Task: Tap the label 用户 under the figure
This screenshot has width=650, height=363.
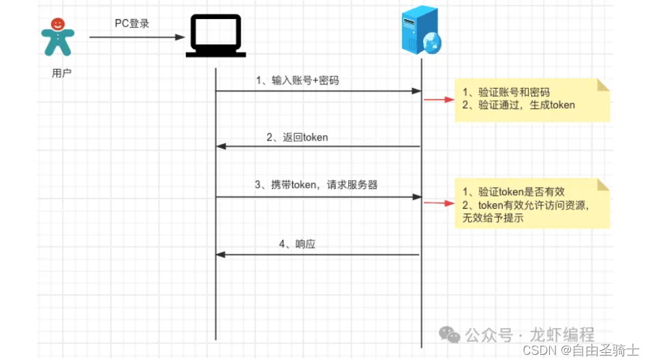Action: pos(61,73)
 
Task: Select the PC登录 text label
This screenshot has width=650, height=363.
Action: pos(131,24)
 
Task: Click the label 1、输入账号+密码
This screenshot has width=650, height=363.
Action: pos(298,81)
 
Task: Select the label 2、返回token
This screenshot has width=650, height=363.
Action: pos(297,137)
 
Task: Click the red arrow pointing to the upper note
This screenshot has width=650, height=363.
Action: pos(438,100)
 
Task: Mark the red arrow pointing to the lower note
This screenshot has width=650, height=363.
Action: pos(438,202)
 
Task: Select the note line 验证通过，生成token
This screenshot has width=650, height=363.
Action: pos(518,105)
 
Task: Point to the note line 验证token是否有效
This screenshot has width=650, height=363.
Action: pos(513,192)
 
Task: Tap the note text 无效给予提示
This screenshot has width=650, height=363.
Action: pos(489,219)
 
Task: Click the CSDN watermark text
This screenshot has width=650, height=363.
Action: pos(539,350)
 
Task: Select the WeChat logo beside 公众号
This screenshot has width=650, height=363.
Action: pos(449,334)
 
